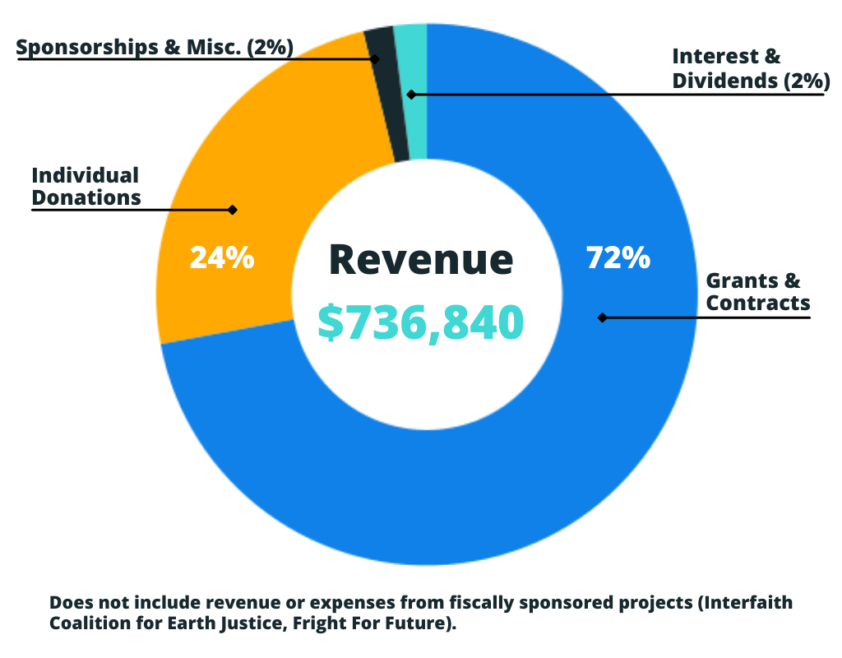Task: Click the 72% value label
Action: tap(618, 257)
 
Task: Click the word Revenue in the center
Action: tap(421, 259)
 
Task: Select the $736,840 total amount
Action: tap(421, 322)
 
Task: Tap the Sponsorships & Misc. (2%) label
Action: tap(155, 48)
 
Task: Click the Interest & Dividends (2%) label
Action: tap(750, 68)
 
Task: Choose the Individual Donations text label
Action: tap(86, 186)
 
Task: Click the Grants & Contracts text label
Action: tap(757, 292)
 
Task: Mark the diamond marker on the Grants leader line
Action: tap(602, 317)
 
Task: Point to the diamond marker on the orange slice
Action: tap(233, 210)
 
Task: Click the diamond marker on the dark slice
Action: tap(375, 59)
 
